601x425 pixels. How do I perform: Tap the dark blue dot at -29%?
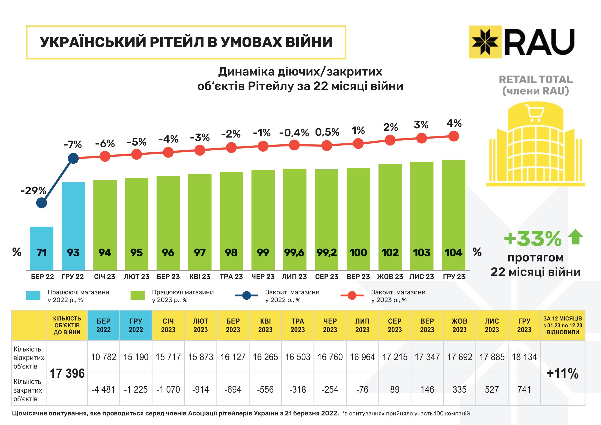tap(42, 203)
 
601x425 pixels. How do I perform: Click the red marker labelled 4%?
tap(454, 136)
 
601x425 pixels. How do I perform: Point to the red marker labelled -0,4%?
tap(294, 145)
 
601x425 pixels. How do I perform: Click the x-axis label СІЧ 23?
tap(105, 277)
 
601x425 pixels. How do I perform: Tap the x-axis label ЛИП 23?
tap(294, 277)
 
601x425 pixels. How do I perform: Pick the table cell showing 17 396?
tap(67, 373)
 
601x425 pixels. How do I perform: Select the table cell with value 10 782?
tap(103, 357)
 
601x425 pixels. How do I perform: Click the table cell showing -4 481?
tap(103, 389)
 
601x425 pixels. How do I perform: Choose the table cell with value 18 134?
tap(524, 357)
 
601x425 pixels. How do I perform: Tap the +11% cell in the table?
tap(562, 373)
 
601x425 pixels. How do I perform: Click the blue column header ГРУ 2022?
tap(136, 325)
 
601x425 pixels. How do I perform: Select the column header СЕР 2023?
tap(395, 325)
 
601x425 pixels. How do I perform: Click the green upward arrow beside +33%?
tap(575, 237)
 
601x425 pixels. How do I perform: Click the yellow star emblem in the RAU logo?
tap(485, 42)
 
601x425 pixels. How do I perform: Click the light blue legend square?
tap(33, 295)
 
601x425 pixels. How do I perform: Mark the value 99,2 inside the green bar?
tap(326, 253)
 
